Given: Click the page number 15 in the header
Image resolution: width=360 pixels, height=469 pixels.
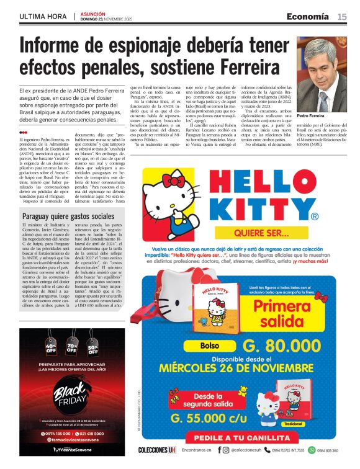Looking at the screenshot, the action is pyautogui.click(x=342, y=16).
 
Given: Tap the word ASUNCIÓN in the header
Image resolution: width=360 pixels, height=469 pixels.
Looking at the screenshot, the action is pyautogui.click(x=92, y=12).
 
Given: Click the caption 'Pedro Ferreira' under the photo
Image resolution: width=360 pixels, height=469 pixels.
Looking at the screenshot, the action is pyautogui.click(x=311, y=116).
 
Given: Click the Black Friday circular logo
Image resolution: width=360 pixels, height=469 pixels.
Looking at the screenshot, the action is pyautogui.click(x=71, y=391).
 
